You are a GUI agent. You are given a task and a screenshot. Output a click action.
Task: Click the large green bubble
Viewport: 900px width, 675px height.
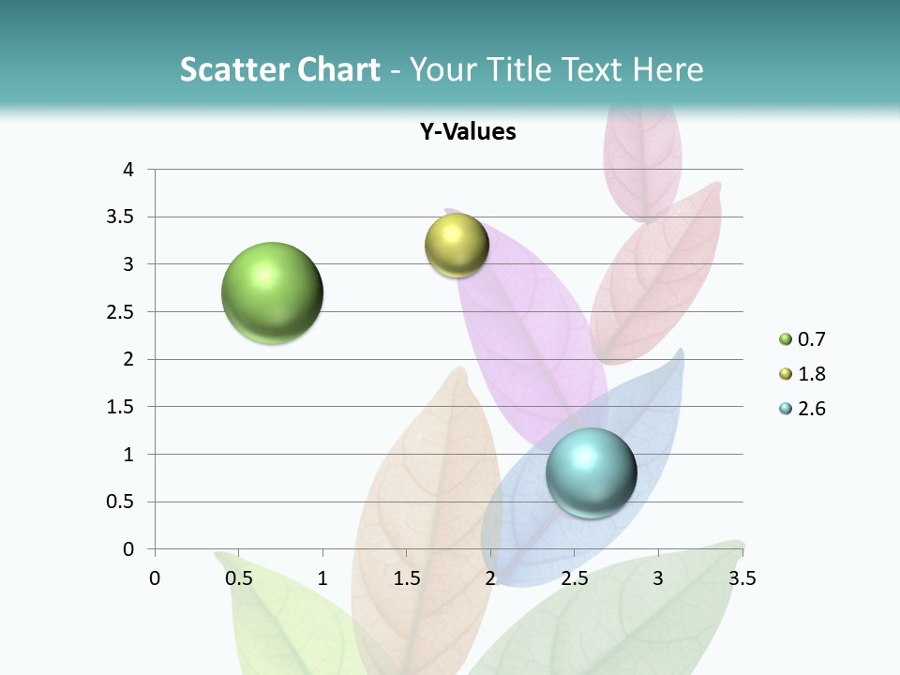click(272, 292)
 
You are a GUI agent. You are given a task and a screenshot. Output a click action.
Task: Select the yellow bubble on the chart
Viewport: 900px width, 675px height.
click(457, 246)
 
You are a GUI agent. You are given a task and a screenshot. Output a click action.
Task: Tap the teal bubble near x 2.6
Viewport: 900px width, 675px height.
click(591, 472)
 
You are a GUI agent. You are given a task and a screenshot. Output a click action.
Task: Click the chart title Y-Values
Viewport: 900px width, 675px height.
click(468, 132)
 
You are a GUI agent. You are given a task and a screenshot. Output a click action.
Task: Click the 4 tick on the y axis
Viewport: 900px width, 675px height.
click(128, 170)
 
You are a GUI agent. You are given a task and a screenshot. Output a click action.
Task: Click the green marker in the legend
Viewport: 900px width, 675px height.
click(786, 339)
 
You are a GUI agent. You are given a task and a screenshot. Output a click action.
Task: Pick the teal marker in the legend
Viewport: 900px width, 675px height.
click(786, 409)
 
